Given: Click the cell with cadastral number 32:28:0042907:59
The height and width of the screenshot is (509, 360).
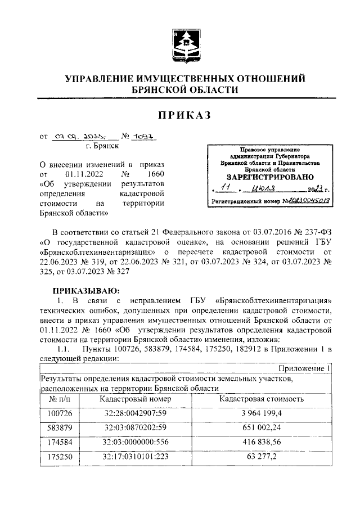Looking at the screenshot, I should coord(132,414).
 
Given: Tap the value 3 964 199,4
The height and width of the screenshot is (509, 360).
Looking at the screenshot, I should coord(262,414).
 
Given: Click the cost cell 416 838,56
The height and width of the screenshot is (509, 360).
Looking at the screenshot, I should coord(262,443).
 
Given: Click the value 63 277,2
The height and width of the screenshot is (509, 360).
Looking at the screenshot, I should coord(262,457).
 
